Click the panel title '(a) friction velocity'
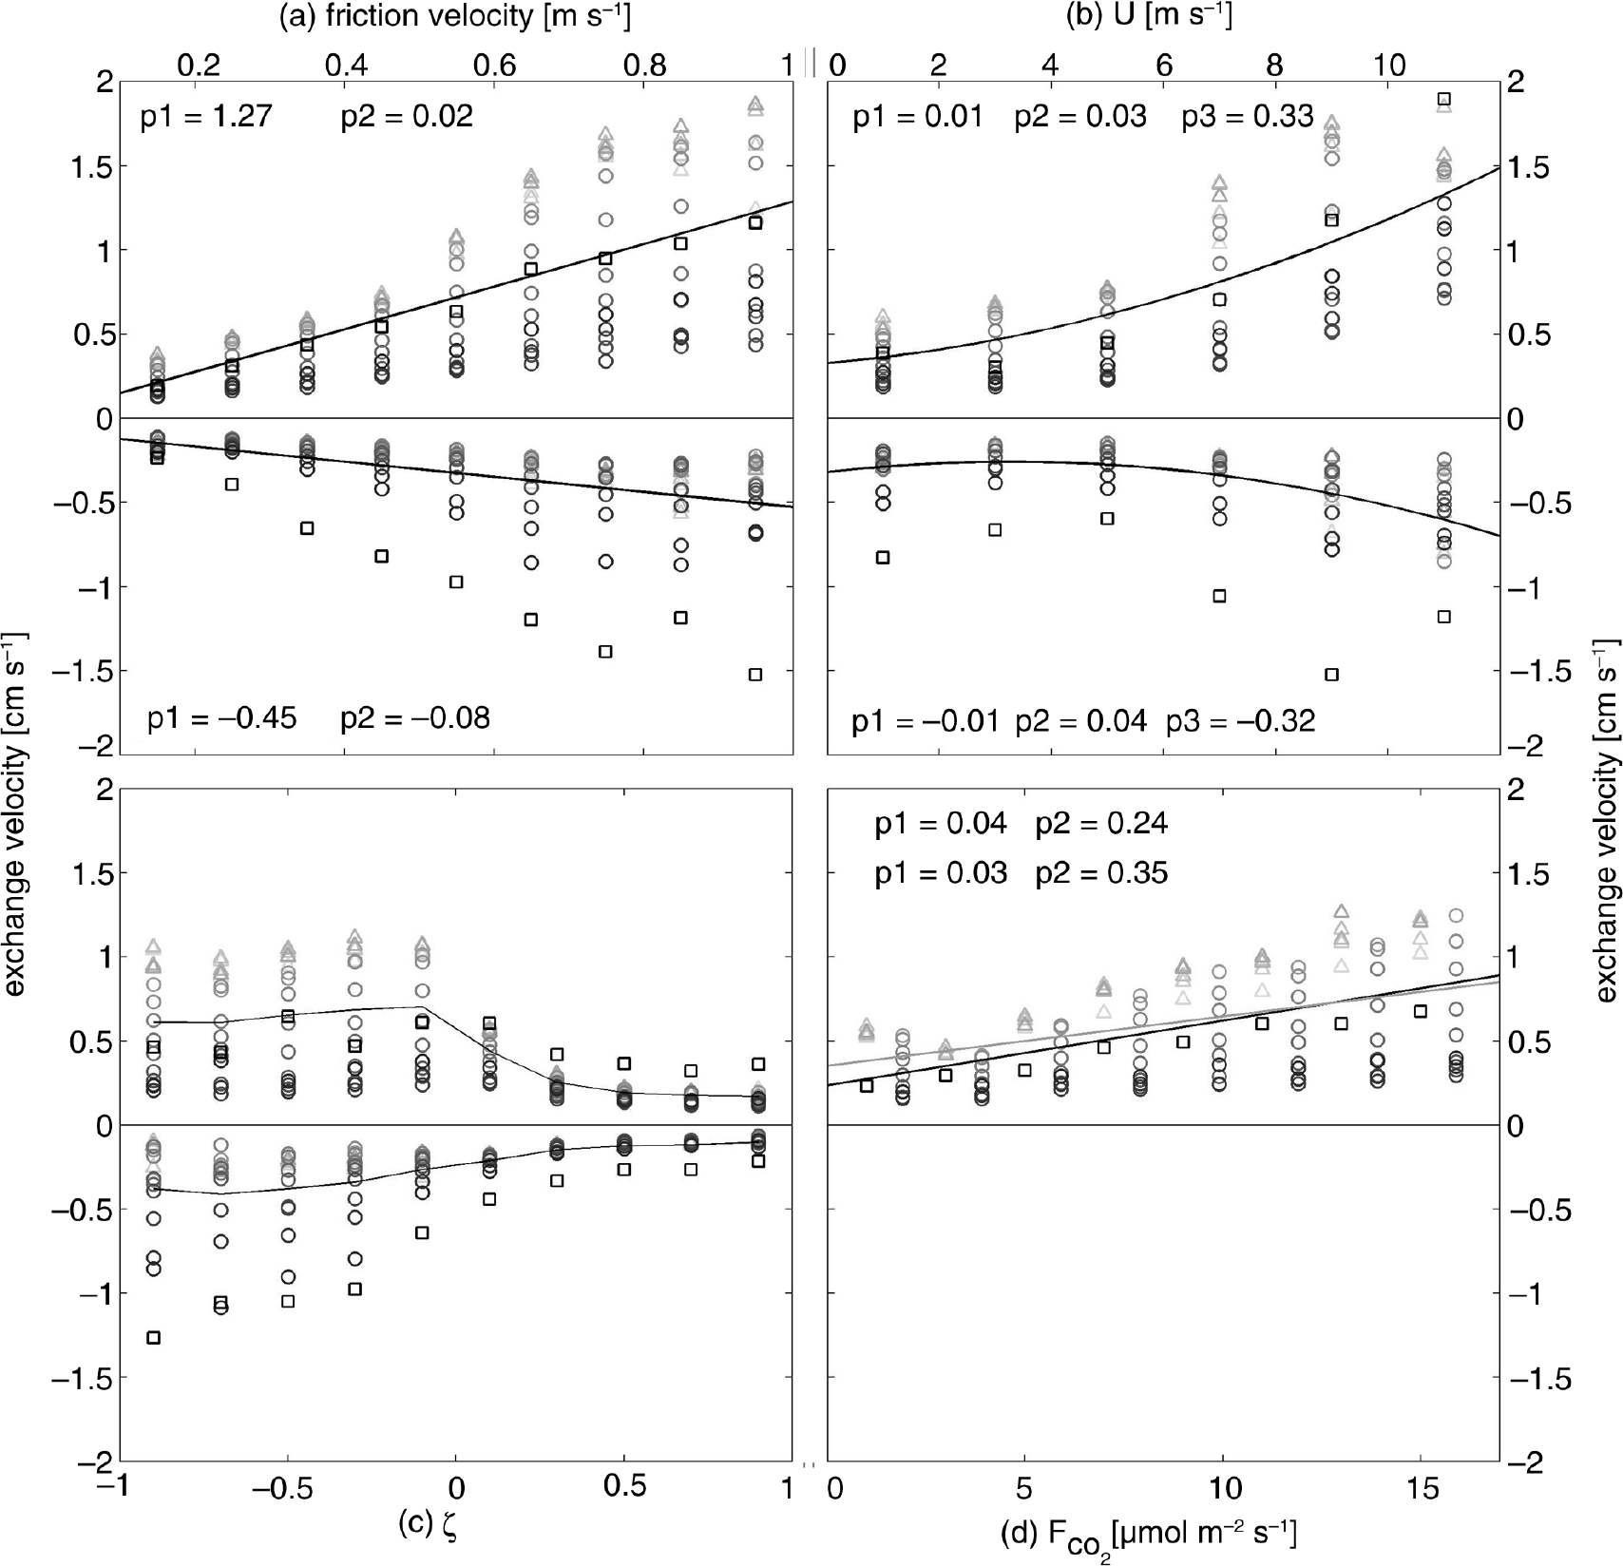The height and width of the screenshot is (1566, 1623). pos(390,16)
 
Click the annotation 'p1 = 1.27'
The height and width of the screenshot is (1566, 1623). pos(206,117)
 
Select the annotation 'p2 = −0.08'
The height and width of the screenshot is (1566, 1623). pos(415,718)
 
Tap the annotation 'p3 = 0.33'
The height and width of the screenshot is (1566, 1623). pos(1248,117)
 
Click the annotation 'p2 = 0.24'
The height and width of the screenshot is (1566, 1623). pos(1101,823)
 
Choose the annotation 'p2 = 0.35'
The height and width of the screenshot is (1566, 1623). pos(1101,872)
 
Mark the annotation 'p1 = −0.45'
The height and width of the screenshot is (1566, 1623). pos(222,718)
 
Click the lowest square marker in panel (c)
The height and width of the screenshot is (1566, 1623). pos(154,1338)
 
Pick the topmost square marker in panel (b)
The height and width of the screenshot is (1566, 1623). pos(1443,99)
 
